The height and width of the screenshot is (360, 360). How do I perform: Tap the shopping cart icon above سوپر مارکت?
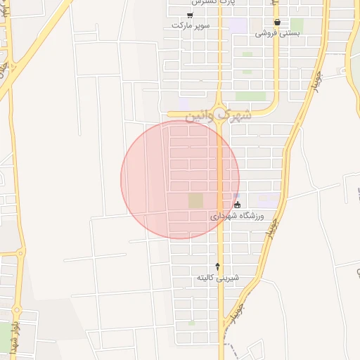(x=190, y=15)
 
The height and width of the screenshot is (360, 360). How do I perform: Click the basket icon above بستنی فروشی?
(x=277, y=22)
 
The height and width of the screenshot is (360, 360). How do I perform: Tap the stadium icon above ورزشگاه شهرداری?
(x=237, y=205)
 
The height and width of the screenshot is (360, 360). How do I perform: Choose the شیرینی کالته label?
(x=217, y=277)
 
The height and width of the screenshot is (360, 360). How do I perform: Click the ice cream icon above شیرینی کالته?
(x=217, y=266)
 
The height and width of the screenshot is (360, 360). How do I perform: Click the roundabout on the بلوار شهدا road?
(x=20, y=252)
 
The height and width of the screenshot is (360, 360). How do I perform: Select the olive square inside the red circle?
(x=195, y=201)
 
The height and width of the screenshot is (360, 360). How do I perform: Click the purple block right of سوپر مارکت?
(x=238, y=25)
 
